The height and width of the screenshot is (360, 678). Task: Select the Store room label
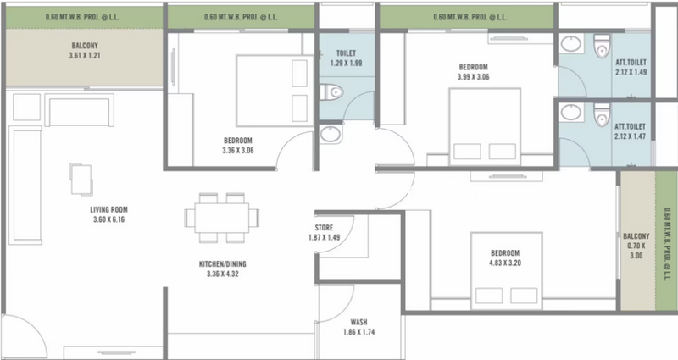pyautogui.click(x=324, y=232)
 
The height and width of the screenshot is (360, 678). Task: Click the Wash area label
pyautogui.click(x=358, y=327)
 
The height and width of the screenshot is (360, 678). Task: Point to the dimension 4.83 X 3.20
pyautogui.click(x=505, y=263)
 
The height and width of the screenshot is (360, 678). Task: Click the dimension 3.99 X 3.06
pyautogui.click(x=474, y=77)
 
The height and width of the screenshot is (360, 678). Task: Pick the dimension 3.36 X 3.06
pyautogui.click(x=238, y=151)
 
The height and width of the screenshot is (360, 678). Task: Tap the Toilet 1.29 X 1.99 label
pyautogui.click(x=347, y=58)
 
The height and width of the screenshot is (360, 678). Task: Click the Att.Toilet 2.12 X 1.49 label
pyautogui.click(x=631, y=68)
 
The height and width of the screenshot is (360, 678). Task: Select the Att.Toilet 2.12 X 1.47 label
pyautogui.click(x=630, y=131)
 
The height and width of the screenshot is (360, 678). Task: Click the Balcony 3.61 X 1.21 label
pyautogui.click(x=85, y=50)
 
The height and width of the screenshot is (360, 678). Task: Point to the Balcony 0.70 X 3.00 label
pyautogui.click(x=636, y=246)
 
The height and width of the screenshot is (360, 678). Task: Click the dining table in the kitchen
pyautogui.click(x=222, y=218)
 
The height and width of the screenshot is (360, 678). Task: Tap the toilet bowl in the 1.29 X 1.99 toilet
pyautogui.click(x=332, y=91)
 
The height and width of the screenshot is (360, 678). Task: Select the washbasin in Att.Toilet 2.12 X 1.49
pyautogui.click(x=570, y=44)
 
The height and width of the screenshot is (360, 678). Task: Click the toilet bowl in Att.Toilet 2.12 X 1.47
pyautogui.click(x=602, y=114)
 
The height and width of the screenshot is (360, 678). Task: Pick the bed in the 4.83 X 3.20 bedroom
pyautogui.click(x=506, y=271)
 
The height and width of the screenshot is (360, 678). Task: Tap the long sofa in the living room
pyautogui.click(x=25, y=186)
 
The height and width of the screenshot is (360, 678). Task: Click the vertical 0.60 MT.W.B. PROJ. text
pyautogui.click(x=666, y=244)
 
